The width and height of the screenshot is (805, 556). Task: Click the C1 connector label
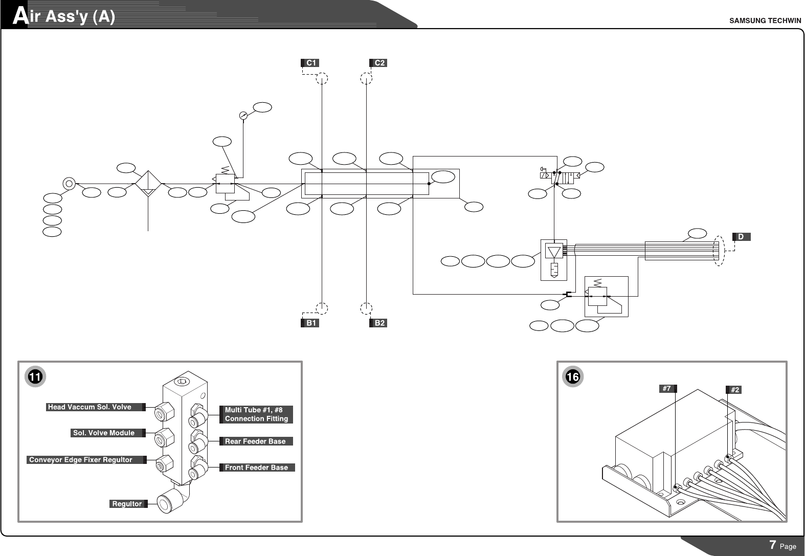pos(310,63)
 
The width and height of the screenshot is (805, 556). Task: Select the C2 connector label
pos(378,63)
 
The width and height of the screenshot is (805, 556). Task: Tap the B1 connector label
pos(310,323)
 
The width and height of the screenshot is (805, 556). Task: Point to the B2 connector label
pos(378,323)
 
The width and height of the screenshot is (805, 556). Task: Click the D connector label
pos(742,237)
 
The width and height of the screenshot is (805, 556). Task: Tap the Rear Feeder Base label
pos(256,441)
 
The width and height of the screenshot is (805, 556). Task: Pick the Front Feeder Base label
pos(257,467)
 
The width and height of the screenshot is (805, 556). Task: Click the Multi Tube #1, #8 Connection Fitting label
pos(256,414)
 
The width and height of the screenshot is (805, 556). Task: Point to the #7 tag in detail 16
pos(668,389)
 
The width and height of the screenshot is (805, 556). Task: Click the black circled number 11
pos(35,376)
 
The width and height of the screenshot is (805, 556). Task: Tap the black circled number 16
pos(573,376)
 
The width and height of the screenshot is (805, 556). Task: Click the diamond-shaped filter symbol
pos(148,184)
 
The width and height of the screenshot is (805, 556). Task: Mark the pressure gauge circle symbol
pos(243,116)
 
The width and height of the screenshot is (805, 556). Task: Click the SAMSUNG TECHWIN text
pos(765,21)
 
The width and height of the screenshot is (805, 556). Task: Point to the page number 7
pos(772,545)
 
